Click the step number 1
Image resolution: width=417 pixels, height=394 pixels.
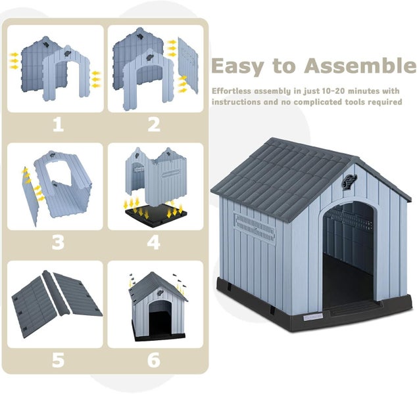pos(58,124)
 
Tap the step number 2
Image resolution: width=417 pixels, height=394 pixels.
pos(154,124)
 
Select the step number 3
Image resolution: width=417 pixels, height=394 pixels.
pos(58,242)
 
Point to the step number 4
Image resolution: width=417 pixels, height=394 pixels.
pos(154,242)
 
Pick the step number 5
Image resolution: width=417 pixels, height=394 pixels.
pos(58,360)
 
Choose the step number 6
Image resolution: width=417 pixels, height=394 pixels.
pos(154,360)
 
